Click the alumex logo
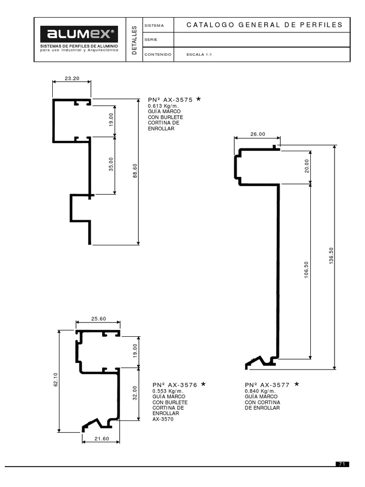[x=79, y=34]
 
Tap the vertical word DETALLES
[x=134, y=40]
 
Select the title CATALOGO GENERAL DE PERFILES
[x=264, y=25]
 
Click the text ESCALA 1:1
[x=199, y=54]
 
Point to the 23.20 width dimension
[x=72, y=78]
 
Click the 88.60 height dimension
[x=135, y=171]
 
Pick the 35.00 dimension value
[x=111, y=164]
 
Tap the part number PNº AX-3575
[x=171, y=100]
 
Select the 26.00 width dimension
[x=258, y=134]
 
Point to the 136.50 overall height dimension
[x=331, y=255]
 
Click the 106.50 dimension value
[x=307, y=270]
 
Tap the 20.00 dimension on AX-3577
[x=307, y=166]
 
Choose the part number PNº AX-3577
[x=267, y=385]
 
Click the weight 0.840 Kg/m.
[x=260, y=391]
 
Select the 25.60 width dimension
[x=99, y=319]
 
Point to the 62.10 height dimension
[x=56, y=380]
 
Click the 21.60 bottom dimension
[x=102, y=439]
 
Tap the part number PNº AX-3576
[x=175, y=385]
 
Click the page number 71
[x=342, y=464]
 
